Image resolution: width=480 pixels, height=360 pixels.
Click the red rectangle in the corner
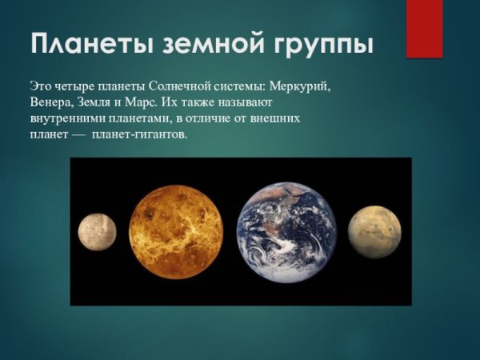(x=424, y=28)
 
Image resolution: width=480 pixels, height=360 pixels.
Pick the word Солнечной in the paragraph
(x=174, y=85)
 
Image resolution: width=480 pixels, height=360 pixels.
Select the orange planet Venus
(x=176, y=231)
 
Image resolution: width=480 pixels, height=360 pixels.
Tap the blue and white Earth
(x=287, y=232)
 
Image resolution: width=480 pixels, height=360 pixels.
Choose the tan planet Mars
(x=374, y=231)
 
